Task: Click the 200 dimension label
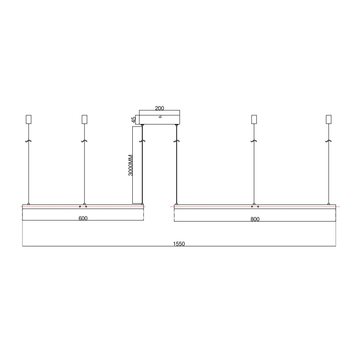pos(160,108)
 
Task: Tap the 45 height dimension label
pos(134,119)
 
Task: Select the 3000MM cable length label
pos(131,165)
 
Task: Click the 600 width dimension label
pos(83,219)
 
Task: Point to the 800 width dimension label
pos(255,219)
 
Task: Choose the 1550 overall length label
pos(179,244)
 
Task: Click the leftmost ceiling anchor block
pos(28,119)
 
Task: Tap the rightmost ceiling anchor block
pos(329,119)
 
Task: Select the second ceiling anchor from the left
pos(84,119)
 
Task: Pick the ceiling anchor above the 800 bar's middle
pos(254,119)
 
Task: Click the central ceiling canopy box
pos(160,117)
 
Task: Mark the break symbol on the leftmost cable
pos(28,141)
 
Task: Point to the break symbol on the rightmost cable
pos(329,141)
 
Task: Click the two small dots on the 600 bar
pos(83,207)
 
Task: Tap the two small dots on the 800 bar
pos(255,207)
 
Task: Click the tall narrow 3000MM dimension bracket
pos(137,165)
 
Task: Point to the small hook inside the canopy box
pos(160,118)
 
